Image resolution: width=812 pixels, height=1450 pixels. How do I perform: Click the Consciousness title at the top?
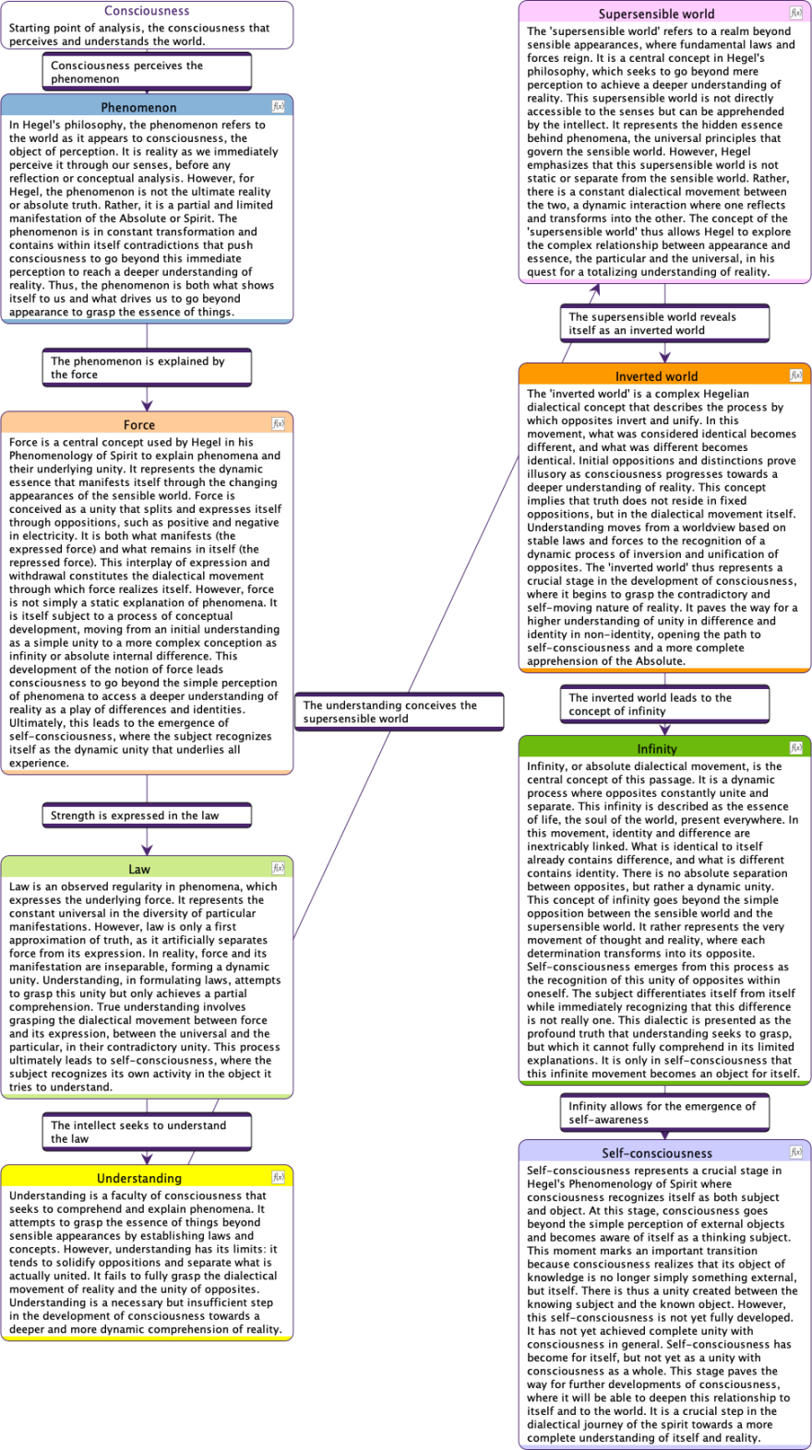click(x=147, y=11)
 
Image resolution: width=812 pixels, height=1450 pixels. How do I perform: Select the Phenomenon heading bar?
click(x=138, y=107)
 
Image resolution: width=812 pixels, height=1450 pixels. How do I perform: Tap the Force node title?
click(x=139, y=424)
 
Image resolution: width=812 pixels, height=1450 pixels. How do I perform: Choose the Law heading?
click(x=139, y=869)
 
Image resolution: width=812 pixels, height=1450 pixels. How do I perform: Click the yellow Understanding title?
click(x=139, y=1178)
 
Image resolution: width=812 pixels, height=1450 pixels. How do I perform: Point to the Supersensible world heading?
click(x=656, y=14)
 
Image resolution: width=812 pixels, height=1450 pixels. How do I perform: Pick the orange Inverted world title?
click(x=656, y=376)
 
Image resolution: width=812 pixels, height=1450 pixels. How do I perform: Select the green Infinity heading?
click(x=656, y=749)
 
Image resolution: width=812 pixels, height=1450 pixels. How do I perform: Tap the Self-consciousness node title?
click(x=656, y=1153)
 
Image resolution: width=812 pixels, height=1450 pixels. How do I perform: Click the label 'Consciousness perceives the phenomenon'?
click(x=147, y=72)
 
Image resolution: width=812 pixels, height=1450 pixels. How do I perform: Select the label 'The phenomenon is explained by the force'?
click(x=147, y=368)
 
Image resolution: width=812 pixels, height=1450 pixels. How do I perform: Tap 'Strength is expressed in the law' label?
click(x=147, y=815)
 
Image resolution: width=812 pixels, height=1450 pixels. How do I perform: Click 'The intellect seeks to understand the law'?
click(x=147, y=1132)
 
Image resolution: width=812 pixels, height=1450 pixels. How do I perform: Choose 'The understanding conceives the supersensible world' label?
click(x=399, y=712)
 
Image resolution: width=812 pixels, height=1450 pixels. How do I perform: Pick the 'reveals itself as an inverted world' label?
click(x=664, y=324)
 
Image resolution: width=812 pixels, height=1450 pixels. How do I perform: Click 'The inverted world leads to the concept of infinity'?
click(x=664, y=705)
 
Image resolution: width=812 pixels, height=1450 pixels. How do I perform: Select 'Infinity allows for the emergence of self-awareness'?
click(x=664, y=1112)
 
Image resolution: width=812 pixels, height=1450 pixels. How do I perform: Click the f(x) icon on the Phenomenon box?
click(x=279, y=107)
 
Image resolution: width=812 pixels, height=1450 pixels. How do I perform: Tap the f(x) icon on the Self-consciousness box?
click(x=796, y=1152)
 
